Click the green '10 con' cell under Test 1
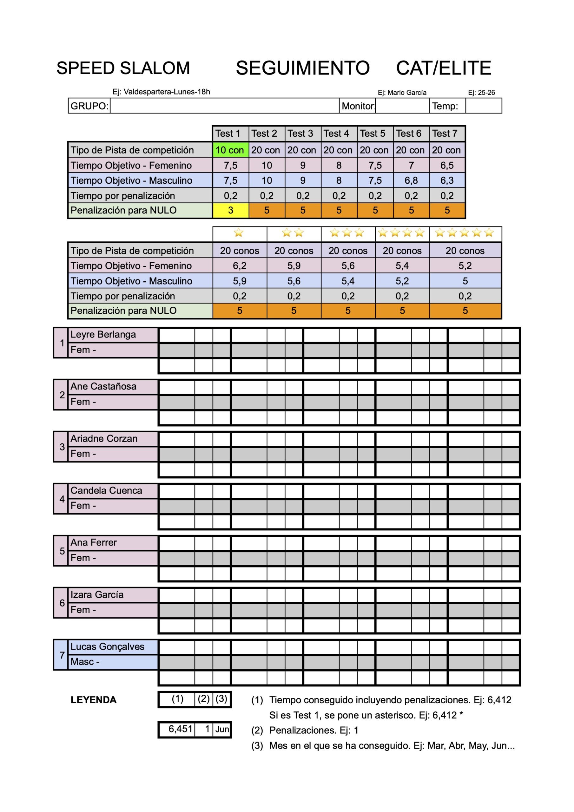click(230, 150)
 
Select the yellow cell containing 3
click(230, 210)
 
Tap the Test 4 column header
click(336, 133)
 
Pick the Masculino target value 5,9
click(240, 281)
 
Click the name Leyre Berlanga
click(103, 335)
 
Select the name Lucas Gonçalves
click(107, 646)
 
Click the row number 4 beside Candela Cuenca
click(62, 499)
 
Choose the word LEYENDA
click(93, 700)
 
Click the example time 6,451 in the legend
click(180, 729)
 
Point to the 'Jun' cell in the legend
click(222, 729)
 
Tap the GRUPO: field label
click(89, 106)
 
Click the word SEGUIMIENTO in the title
click(303, 68)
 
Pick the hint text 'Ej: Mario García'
click(402, 93)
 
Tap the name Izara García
click(97, 594)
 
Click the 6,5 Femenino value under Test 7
click(447, 165)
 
